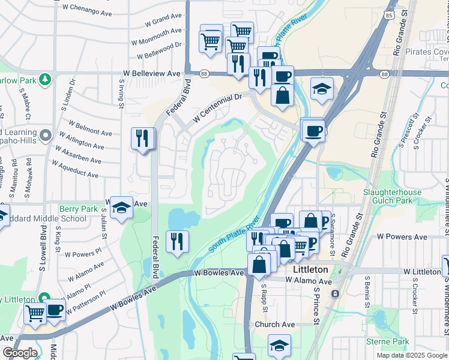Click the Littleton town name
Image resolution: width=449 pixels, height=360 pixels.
[x=310, y=270]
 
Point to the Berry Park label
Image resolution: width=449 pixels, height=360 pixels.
[x=78, y=209]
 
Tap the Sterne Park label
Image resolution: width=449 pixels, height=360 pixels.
[x=387, y=341]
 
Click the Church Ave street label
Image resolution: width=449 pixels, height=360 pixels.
[x=274, y=325]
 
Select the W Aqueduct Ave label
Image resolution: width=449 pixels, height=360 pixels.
[x=76, y=170]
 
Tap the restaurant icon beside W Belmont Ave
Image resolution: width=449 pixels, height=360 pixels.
[x=142, y=139]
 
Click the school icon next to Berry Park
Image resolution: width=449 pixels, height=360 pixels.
[x=122, y=207]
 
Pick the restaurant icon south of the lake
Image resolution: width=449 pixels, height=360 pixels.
[x=177, y=241]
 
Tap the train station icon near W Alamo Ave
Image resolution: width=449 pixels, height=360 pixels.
[x=335, y=293]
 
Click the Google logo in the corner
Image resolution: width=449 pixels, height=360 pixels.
[x=19, y=353]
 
